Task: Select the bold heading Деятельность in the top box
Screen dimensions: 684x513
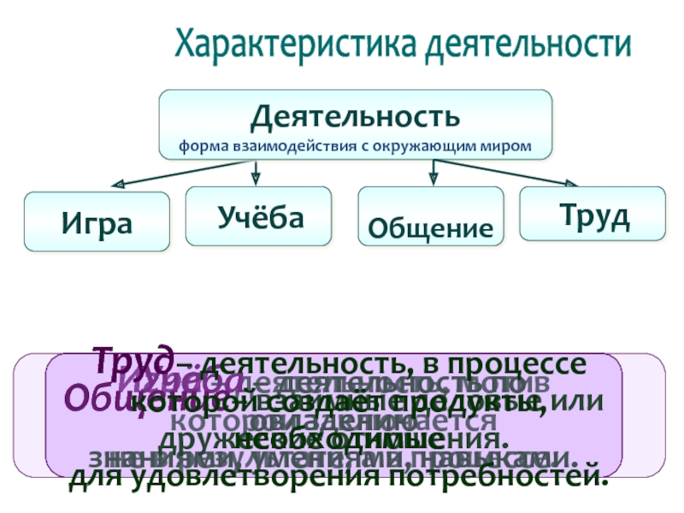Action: coord(354,115)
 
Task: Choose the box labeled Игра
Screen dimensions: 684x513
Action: coord(96,222)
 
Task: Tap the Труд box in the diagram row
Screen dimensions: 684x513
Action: coord(593,215)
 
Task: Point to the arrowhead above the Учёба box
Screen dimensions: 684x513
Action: coord(253,178)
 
